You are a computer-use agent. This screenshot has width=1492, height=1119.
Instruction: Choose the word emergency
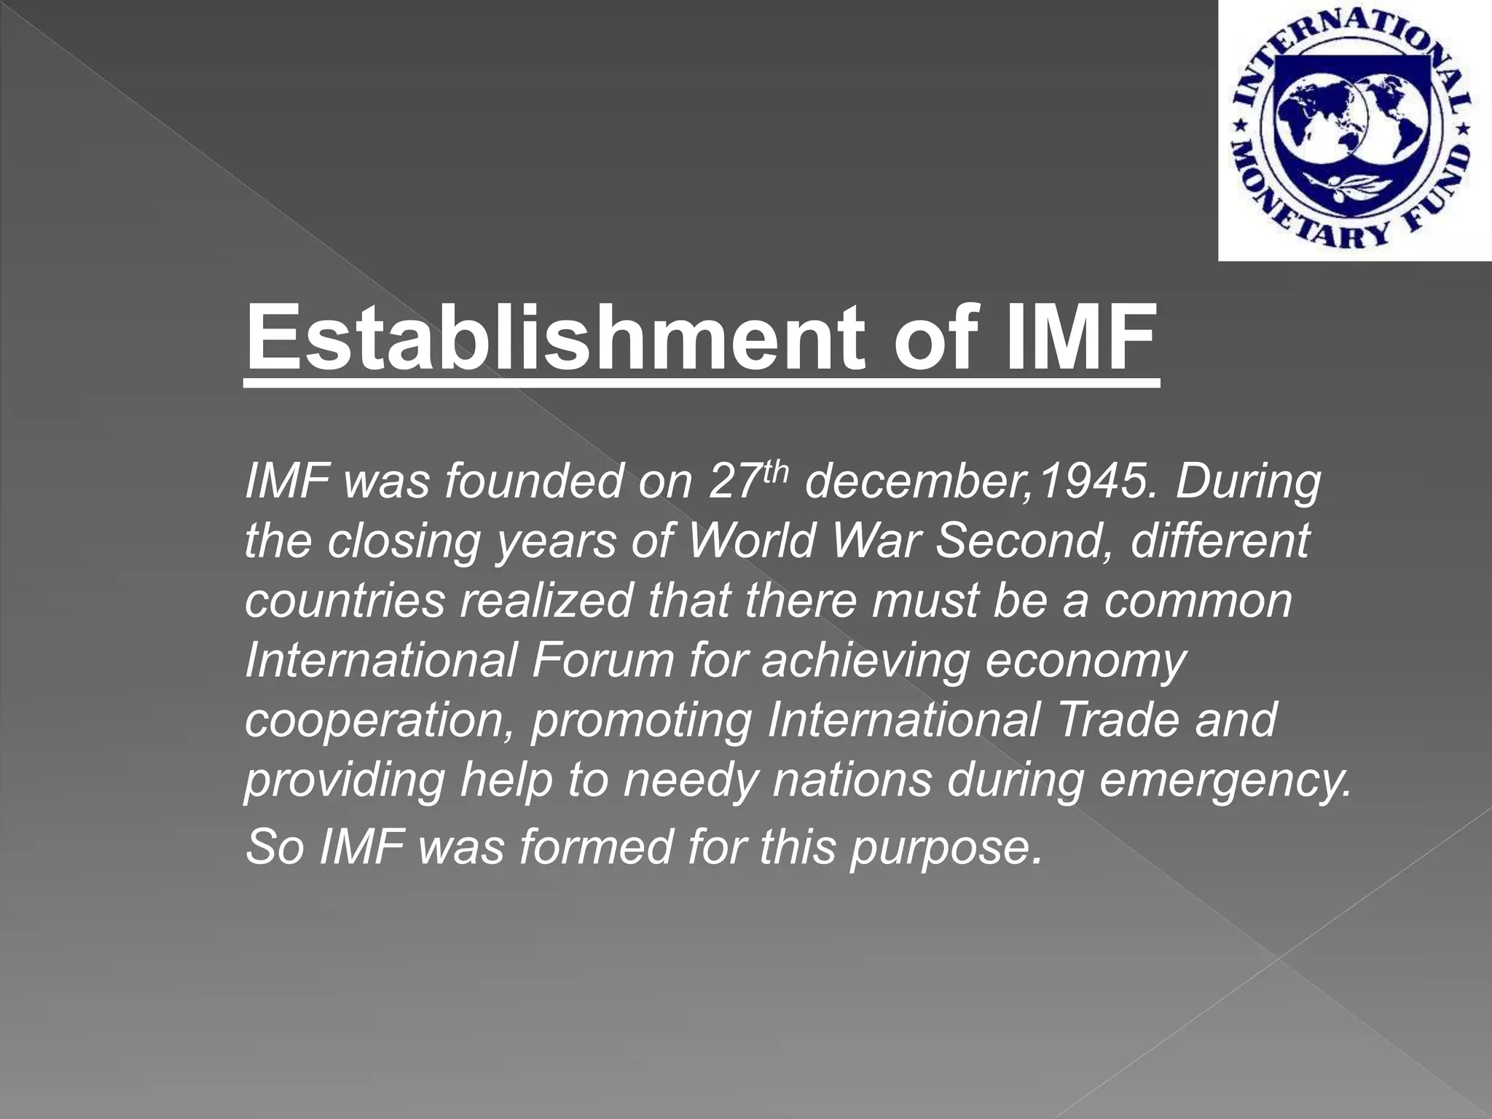(1223, 780)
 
